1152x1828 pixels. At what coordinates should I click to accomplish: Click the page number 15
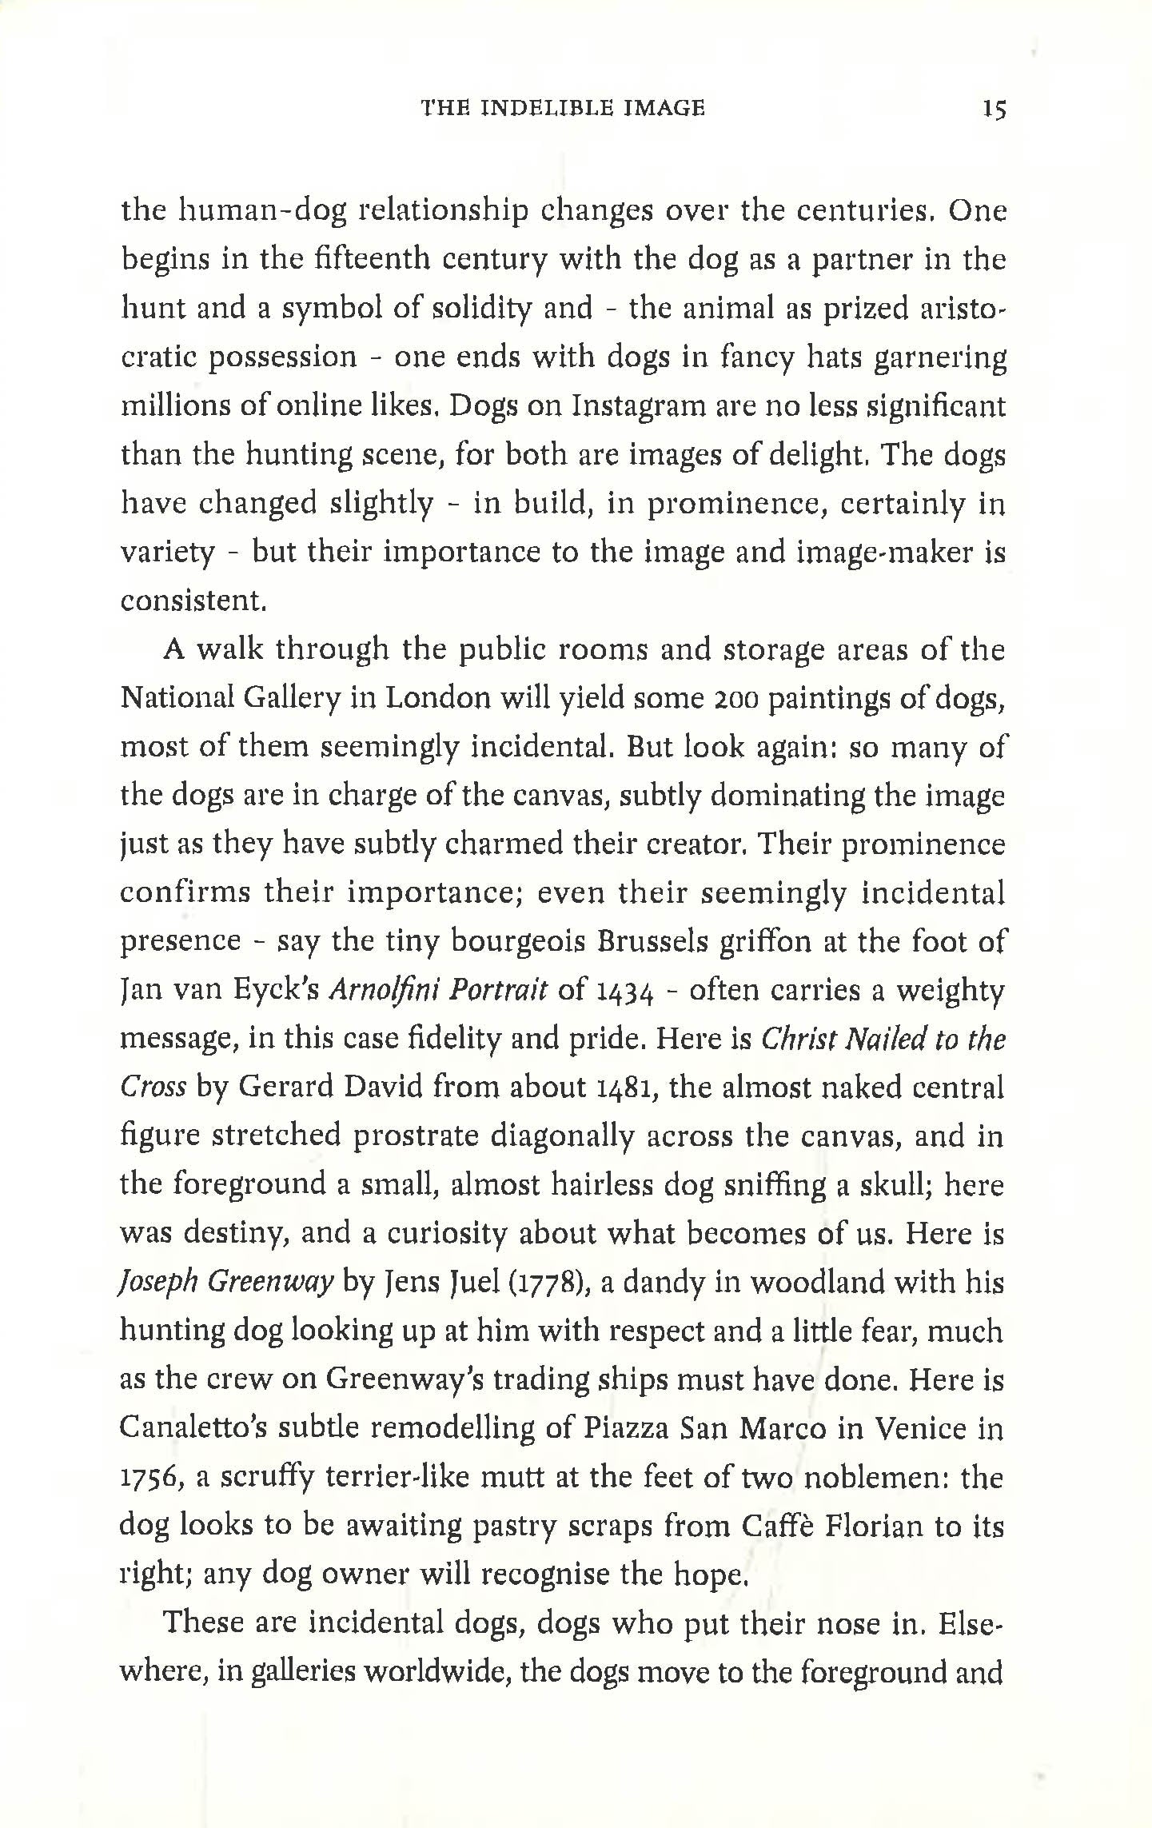pyautogui.click(x=994, y=109)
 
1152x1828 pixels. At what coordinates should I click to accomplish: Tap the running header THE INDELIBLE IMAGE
pyautogui.click(x=563, y=108)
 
